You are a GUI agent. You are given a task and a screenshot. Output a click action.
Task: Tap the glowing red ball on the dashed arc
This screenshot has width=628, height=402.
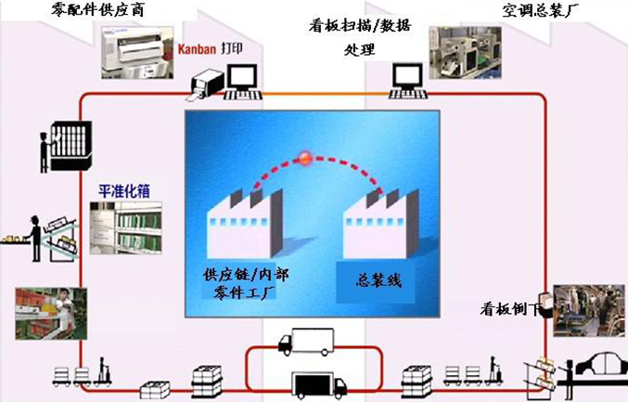(x=305, y=158)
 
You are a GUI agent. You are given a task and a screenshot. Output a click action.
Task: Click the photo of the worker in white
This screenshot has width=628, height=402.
(x=52, y=313)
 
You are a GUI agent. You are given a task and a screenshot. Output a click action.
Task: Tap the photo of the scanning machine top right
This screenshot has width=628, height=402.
(x=465, y=50)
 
